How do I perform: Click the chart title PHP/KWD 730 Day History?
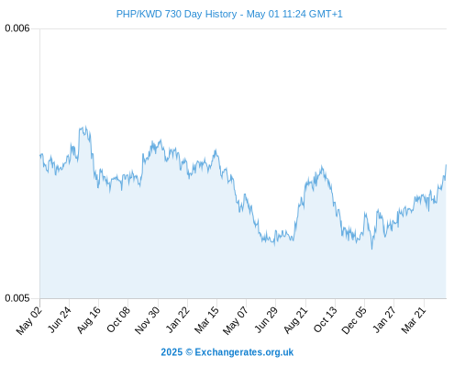176,14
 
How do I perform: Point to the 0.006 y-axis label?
17,28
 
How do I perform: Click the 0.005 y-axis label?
17,298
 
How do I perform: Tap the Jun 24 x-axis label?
60,319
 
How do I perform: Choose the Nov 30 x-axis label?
147,320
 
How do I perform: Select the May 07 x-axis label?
236,320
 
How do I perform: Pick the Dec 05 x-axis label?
354,320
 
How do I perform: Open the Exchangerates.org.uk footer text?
244,352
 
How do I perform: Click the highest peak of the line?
86,127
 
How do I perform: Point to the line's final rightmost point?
446,165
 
